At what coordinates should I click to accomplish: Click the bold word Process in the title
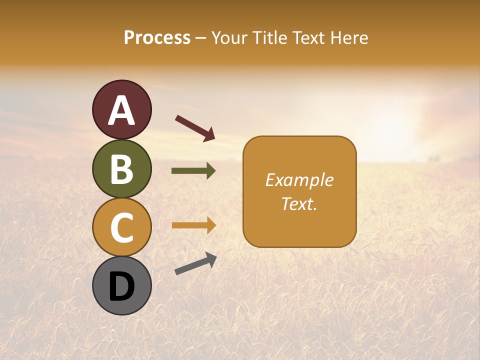157,38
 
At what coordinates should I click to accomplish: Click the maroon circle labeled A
121,110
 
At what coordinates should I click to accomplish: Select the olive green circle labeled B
121,168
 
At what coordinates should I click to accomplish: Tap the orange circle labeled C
121,227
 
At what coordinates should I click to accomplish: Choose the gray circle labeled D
121,285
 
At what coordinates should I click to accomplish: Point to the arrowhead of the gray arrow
211,258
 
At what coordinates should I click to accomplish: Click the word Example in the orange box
299,180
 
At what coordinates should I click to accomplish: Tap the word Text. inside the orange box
299,204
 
